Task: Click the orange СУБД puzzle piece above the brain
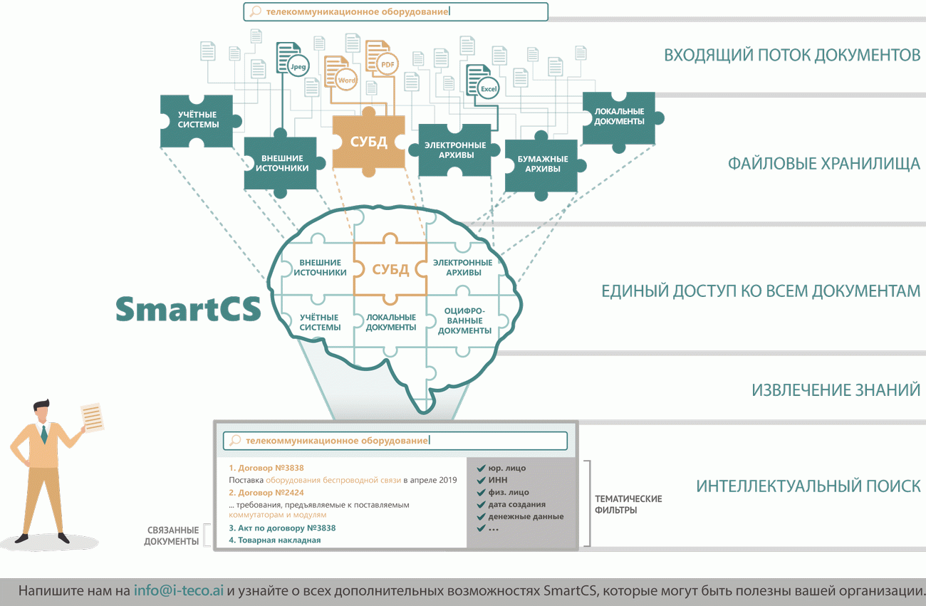[x=368, y=141]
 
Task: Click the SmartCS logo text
[x=188, y=308]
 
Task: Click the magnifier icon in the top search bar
[x=254, y=11]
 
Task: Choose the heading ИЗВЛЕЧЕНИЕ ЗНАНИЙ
[x=836, y=390]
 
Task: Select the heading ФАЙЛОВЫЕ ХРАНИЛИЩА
[x=823, y=164]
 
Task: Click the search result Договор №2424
[x=266, y=492]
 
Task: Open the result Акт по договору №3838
[x=282, y=528]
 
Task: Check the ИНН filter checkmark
[x=481, y=480]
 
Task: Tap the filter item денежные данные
[x=526, y=516]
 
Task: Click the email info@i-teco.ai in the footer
[x=179, y=591]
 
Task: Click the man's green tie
[x=44, y=433]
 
